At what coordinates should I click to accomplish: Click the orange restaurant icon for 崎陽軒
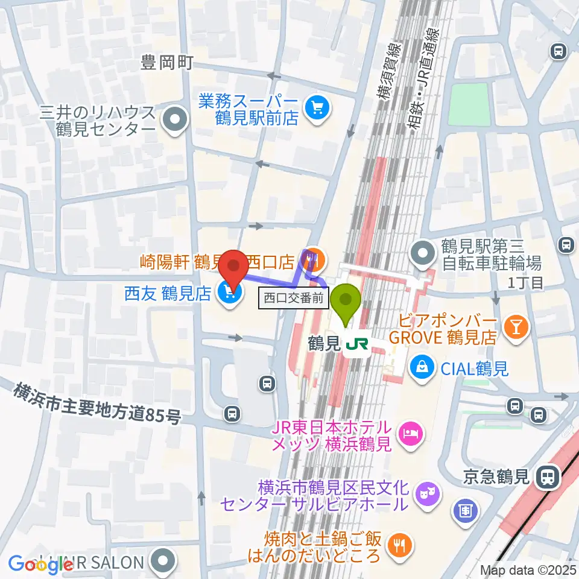(x=314, y=260)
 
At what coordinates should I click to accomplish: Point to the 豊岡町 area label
(x=166, y=63)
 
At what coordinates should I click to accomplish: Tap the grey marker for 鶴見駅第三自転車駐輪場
(x=423, y=253)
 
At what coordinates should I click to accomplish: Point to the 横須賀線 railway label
(x=385, y=72)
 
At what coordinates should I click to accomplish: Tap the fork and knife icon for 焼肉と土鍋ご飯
(x=398, y=544)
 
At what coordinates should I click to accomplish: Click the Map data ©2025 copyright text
(x=528, y=569)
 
